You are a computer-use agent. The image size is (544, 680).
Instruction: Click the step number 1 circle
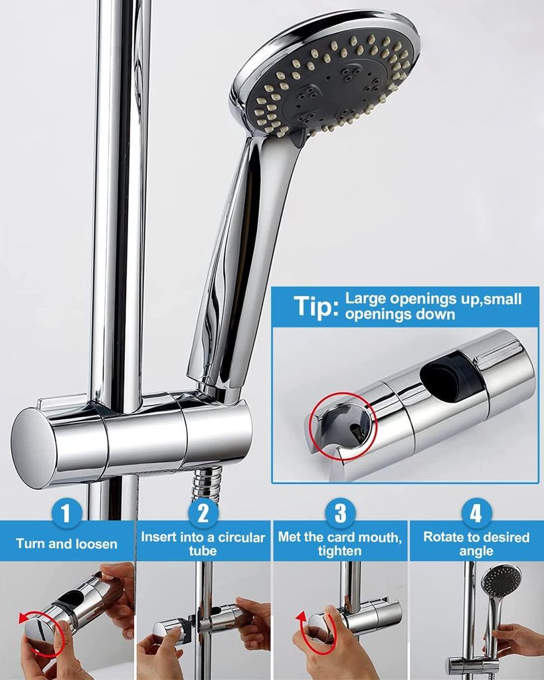[66, 513]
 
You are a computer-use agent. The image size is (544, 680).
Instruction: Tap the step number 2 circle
[203, 513]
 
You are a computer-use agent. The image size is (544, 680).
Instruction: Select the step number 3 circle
[340, 513]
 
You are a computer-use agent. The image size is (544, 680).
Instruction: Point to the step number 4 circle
[476, 513]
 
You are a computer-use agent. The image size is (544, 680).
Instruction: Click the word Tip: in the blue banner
[316, 307]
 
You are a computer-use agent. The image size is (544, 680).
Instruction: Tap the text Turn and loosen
[66, 544]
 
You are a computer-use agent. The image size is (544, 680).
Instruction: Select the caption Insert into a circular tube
[203, 544]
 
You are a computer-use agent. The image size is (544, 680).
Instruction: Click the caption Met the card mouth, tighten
[339, 544]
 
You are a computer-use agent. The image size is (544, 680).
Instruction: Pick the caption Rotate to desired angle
[476, 544]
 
